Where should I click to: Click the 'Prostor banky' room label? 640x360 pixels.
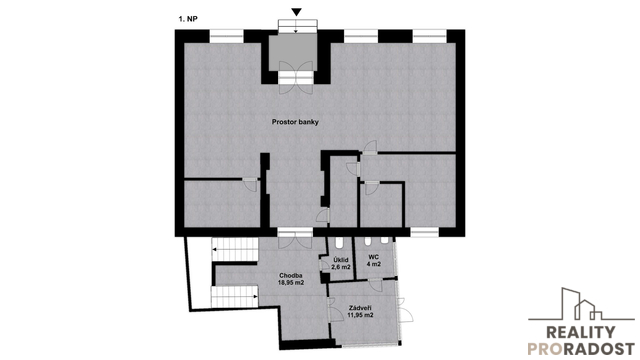(x=295, y=122)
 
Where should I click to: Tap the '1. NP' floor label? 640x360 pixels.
(x=188, y=18)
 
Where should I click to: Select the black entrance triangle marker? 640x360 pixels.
(x=297, y=13)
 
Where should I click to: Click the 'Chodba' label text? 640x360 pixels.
(x=291, y=276)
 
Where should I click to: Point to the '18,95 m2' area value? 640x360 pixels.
(x=291, y=282)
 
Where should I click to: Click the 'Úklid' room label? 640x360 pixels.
(x=341, y=260)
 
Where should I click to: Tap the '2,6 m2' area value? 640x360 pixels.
(x=341, y=267)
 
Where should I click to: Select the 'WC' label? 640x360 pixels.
(x=373, y=257)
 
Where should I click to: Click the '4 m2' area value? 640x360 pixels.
(x=373, y=264)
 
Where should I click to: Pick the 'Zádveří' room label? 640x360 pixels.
(x=360, y=308)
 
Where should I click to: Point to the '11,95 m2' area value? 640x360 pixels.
(x=360, y=315)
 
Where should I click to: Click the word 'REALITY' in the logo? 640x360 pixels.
(x=581, y=332)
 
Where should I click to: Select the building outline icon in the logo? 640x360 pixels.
(x=582, y=304)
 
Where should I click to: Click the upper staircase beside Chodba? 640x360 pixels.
(x=235, y=250)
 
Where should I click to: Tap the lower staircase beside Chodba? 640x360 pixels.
(x=235, y=297)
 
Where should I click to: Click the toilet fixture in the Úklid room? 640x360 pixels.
(x=340, y=244)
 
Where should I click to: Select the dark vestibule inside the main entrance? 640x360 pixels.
(x=293, y=52)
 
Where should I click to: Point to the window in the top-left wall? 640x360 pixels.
(x=227, y=36)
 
